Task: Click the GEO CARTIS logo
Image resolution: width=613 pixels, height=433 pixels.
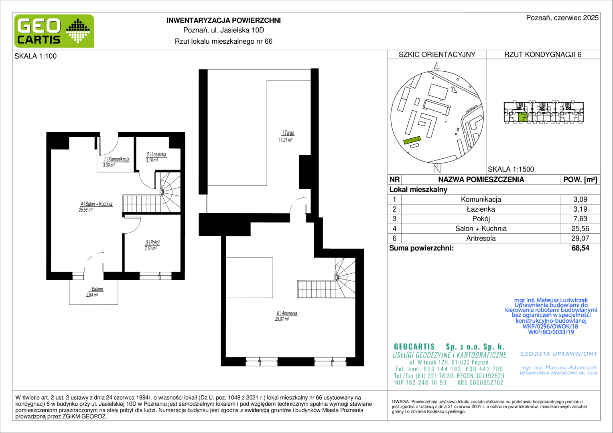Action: pyautogui.click(x=54, y=31)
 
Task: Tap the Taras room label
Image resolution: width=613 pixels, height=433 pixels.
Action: pyautogui.click(x=289, y=133)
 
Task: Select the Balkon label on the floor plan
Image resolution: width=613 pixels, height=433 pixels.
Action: pyautogui.click(x=97, y=289)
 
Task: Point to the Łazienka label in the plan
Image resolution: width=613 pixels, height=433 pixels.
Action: pyautogui.click(x=158, y=154)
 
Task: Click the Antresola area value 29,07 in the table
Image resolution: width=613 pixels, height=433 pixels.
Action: pyautogui.click(x=580, y=238)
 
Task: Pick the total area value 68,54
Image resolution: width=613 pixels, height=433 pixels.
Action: pyautogui.click(x=580, y=248)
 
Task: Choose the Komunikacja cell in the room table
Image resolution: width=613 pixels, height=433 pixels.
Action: pyautogui.click(x=481, y=199)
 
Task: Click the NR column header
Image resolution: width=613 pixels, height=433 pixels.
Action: pyautogui.click(x=394, y=180)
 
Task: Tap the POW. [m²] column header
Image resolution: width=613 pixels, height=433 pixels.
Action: pyautogui.click(x=580, y=180)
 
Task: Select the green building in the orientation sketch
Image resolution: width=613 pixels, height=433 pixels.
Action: pyautogui.click(x=412, y=140)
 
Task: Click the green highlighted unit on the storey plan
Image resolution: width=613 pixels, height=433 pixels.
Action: pyautogui.click(x=523, y=117)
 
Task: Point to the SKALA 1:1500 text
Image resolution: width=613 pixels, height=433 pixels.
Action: pyautogui.click(x=511, y=169)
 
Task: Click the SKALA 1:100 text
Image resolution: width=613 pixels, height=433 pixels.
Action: pyautogui.click(x=36, y=56)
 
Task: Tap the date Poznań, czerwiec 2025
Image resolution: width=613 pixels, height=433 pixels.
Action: pyautogui.click(x=562, y=18)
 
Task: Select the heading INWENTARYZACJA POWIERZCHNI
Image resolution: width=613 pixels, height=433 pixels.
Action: pyautogui.click(x=223, y=20)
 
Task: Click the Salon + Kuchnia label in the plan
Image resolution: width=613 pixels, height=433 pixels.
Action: pyautogui.click(x=99, y=204)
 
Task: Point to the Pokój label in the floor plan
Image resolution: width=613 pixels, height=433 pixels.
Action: pyautogui.click(x=155, y=243)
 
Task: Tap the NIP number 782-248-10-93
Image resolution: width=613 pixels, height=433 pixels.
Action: pyautogui.click(x=420, y=382)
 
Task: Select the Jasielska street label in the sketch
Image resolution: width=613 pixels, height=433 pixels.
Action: pyautogui.click(x=471, y=109)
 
